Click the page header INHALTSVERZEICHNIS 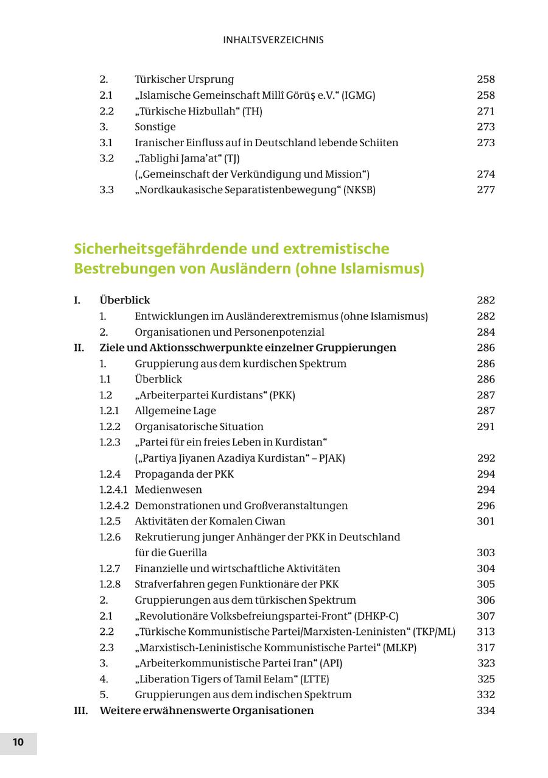click(x=273, y=40)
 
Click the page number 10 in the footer click(x=18, y=742)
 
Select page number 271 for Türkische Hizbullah click(x=485, y=111)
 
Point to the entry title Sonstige click(x=155, y=127)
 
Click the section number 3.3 click(x=107, y=190)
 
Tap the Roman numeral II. click(x=79, y=348)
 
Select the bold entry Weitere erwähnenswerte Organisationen click(x=206, y=711)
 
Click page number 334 click(x=485, y=711)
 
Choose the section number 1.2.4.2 click(x=114, y=506)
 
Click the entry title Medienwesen click(x=169, y=490)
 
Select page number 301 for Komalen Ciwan click(x=485, y=522)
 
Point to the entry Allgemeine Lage click(x=175, y=411)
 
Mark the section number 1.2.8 click(x=110, y=584)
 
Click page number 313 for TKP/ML click(x=485, y=632)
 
